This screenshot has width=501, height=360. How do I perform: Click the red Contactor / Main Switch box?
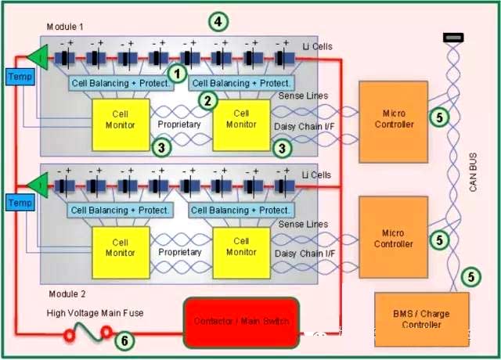tap(240, 322)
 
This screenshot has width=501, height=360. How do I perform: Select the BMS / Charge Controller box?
tap(422, 319)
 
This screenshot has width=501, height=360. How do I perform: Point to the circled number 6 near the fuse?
tap(124, 340)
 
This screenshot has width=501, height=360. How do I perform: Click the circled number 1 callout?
tap(178, 74)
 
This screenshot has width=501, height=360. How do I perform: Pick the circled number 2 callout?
tap(207, 99)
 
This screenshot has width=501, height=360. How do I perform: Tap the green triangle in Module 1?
tap(36, 56)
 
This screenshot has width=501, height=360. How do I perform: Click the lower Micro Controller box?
tap(394, 238)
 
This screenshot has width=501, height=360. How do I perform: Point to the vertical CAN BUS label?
tap(474, 187)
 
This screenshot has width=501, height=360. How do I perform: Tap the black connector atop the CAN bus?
tap(452, 36)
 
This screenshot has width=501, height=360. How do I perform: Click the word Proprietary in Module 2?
tap(179, 252)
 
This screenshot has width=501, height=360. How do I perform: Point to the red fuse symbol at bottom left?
tap(85, 336)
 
